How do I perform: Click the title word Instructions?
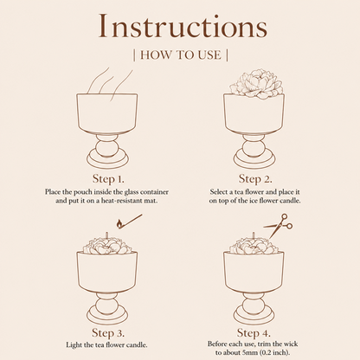183,26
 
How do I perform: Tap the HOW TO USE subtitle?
181,55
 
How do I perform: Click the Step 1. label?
108,179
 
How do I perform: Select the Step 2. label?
255,179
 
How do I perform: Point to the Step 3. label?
108,333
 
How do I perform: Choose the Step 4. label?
254,333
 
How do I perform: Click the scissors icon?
279,226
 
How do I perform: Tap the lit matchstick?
129,222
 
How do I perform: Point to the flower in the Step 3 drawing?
106,246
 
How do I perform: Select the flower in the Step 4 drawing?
254,246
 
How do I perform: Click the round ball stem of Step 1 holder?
107,148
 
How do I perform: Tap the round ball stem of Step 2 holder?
254,148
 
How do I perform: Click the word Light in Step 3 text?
73,344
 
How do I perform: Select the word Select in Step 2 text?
219,192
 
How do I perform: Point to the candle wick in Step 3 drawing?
106,235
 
